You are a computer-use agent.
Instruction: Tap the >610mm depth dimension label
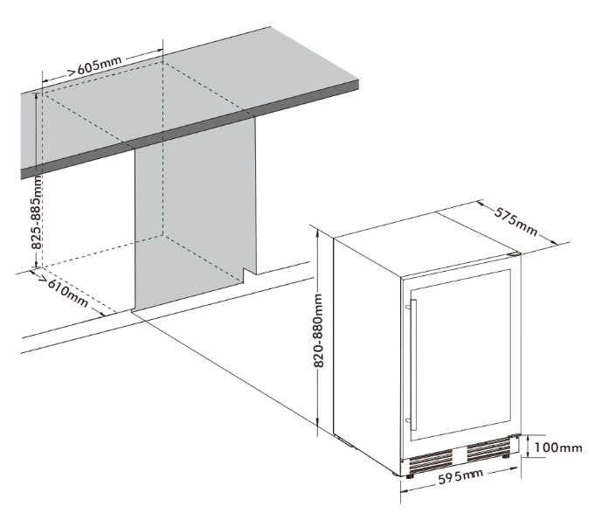pos(65,289)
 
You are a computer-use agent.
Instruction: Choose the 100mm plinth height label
pos(557,447)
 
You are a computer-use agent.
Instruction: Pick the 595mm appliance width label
pos(460,475)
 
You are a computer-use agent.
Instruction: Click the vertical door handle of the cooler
pos(413,365)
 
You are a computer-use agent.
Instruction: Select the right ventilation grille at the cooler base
pos(488,448)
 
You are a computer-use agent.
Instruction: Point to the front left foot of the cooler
pos(410,475)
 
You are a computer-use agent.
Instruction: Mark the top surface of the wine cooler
pos(427,243)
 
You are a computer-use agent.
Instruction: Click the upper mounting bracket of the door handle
pos(408,306)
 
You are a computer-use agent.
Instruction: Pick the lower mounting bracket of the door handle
pos(408,420)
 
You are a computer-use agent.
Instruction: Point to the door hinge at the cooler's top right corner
pos(515,254)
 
